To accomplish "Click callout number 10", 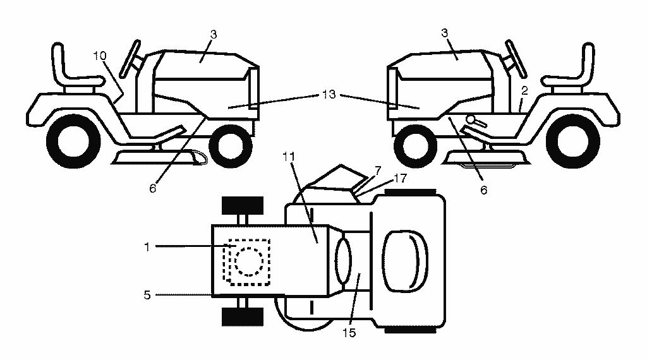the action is tap(100, 56).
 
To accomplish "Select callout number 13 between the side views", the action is tap(329, 95).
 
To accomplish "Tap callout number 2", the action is tap(524, 91).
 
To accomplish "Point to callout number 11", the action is tap(289, 157).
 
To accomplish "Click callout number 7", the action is tap(378, 171).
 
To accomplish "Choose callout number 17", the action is tap(400, 178).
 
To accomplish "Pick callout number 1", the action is tap(147, 247).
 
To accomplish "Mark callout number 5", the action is tap(147, 295).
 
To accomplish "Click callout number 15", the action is tap(349, 333).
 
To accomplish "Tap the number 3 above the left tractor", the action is tap(214, 34).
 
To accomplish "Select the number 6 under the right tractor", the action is tap(483, 189).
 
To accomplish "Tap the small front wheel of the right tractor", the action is tap(416, 146).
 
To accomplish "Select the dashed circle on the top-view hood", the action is tap(249, 261).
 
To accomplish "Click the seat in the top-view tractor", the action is tap(405, 261).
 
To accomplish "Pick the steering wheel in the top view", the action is tap(343, 261).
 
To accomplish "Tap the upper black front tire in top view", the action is tap(243, 205).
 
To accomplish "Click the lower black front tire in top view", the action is tap(243, 316).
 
